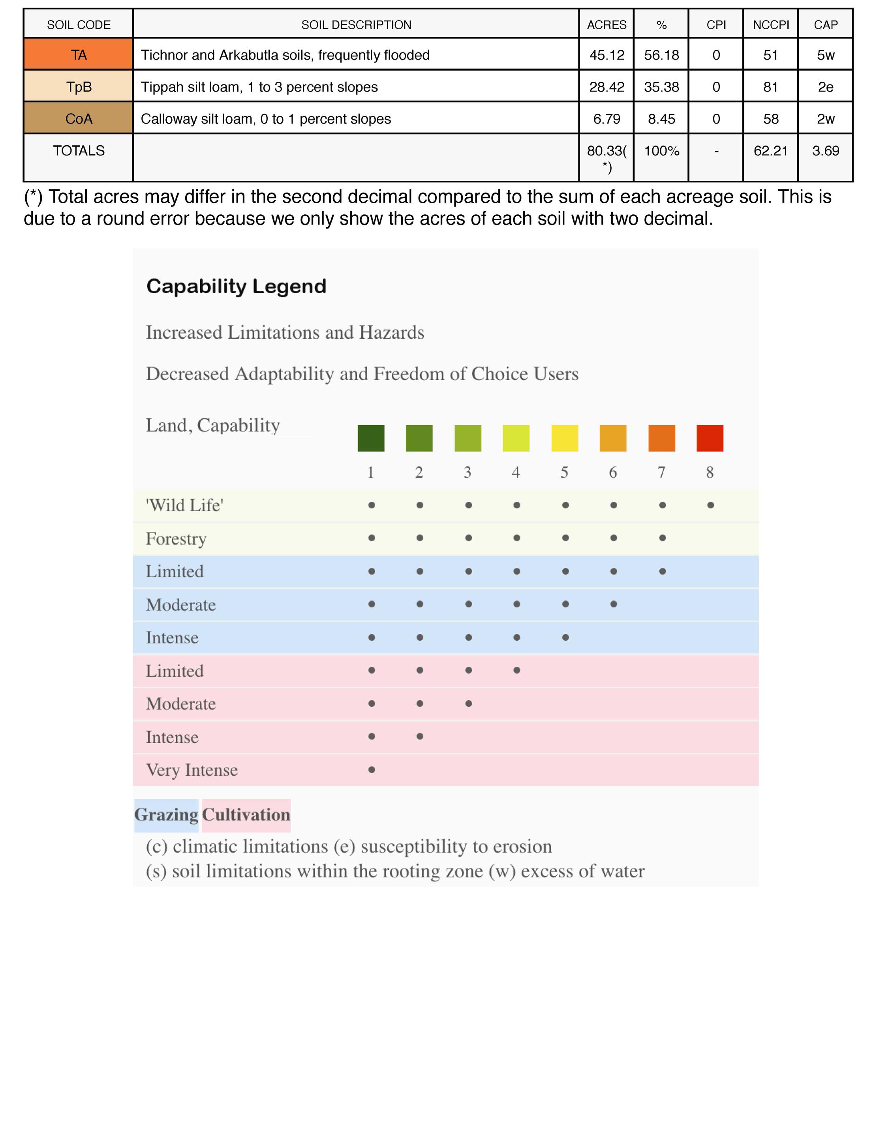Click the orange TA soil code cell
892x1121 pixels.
point(79,54)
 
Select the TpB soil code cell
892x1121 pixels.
point(79,86)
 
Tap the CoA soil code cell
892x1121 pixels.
point(79,118)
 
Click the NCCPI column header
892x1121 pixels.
point(771,24)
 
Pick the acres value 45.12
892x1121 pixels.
point(607,54)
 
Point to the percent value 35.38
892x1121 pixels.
point(661,87)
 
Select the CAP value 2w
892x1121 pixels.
point(825,118)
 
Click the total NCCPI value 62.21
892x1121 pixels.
point(771,151)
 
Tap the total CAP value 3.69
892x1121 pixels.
point(825,151)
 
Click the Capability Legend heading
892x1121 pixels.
point(236,286)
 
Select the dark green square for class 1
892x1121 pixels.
point(371,438)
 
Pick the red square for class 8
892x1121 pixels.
point(710,438)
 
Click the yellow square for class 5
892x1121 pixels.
point(565,438)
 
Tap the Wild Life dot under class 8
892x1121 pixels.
point(710,505)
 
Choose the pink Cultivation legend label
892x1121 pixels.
point(246,814)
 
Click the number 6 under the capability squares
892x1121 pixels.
point(613,472)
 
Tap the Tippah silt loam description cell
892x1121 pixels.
point(259,87)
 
